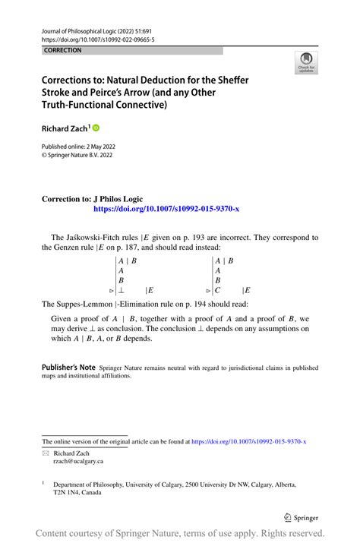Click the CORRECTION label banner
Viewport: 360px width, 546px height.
click(63, 50)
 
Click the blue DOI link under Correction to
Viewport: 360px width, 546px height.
click(166, 208)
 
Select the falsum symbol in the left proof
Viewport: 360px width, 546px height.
click(121, 289)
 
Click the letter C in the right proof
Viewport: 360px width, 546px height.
click(218, 289)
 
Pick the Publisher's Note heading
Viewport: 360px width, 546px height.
click(68, 367)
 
